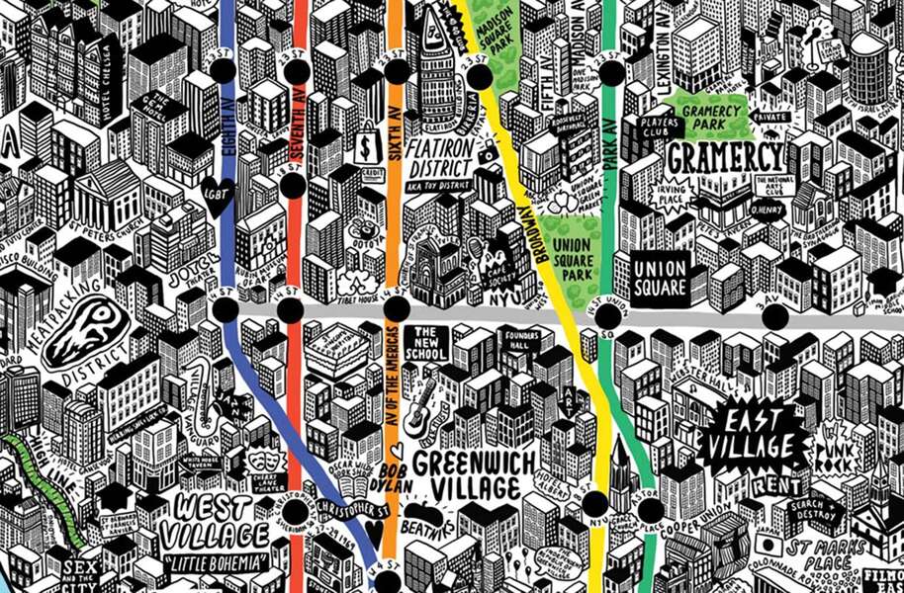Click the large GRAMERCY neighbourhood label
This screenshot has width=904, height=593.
tap(725, 157)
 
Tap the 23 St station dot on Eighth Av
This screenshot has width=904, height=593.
tap(223, 70)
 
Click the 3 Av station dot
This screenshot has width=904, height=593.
tap(774, 317)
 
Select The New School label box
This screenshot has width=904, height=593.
tap(432, 343)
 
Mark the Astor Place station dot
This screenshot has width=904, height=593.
tap(650, 510)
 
